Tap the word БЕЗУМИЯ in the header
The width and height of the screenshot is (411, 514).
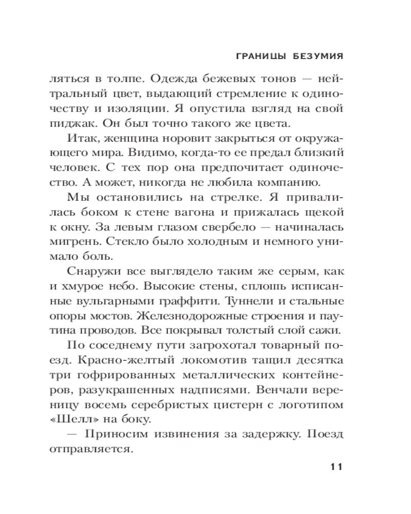pos(316,56)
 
